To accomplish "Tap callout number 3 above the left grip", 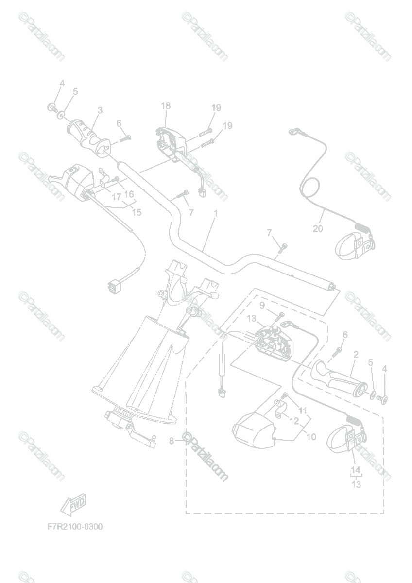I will coord(100,111).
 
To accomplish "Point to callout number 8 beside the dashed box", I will coord(171,441).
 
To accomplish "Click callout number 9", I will coord(262,305).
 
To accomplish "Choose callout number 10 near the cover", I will coord(311,437).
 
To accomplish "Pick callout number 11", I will coord(303,411).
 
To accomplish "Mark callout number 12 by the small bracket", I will coord(294,420).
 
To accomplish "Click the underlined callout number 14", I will coord(356,470).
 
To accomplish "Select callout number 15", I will coord(137,212).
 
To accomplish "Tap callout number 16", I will coord(129,194).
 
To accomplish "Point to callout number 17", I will coord(116,197).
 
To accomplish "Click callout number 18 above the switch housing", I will coord(166,105).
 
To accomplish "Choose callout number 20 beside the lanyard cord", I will coord(318,229).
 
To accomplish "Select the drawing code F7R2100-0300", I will coord(75,527).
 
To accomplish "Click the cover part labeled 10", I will coord(255,427).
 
